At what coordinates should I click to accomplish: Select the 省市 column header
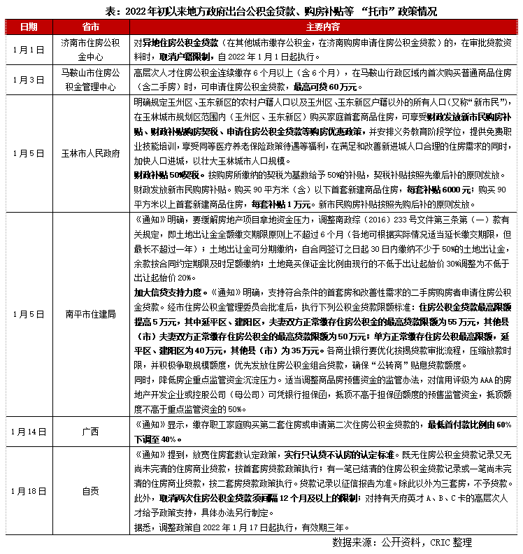click(90, 27)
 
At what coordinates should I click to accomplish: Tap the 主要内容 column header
click(323, 27)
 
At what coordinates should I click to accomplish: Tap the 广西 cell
click(90, 429)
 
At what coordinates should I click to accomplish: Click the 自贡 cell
click(90, 490)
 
